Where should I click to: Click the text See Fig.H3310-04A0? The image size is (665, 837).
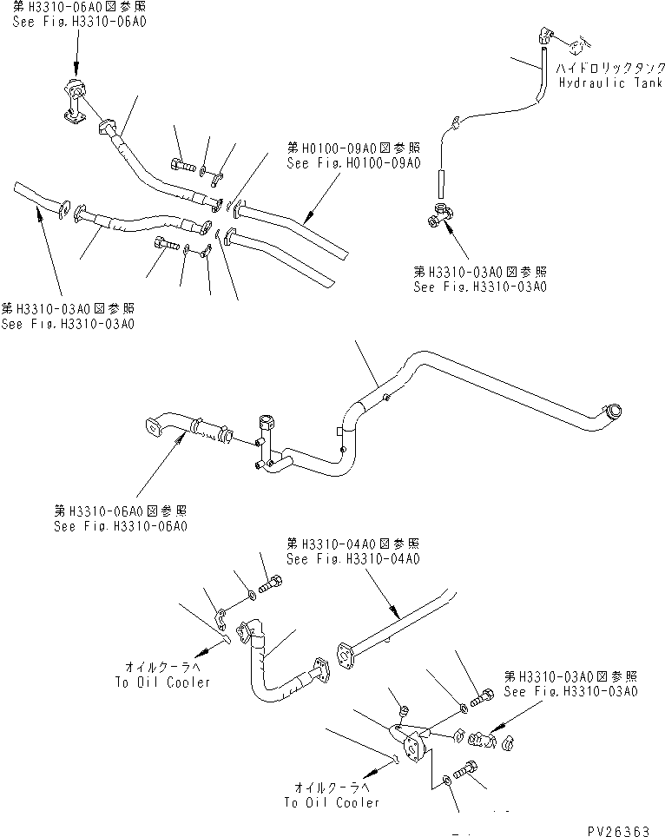pos(353,559)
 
